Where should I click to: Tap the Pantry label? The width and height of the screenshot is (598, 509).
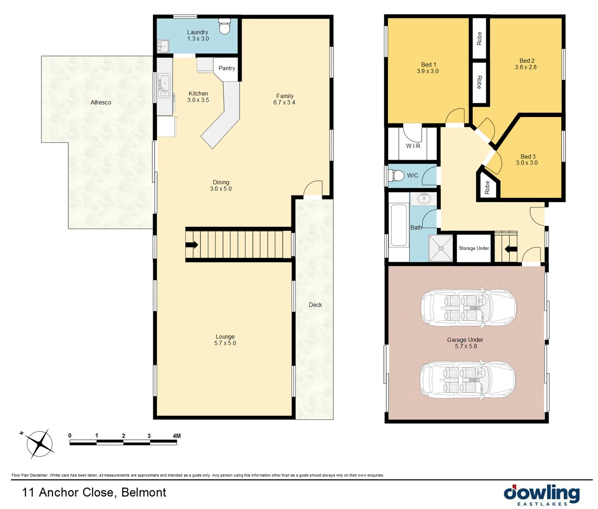226,68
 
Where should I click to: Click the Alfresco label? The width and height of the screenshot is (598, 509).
101,102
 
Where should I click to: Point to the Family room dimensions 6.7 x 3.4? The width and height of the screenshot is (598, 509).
284,102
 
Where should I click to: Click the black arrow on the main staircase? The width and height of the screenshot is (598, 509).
192,245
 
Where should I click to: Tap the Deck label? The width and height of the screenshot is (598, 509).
315,305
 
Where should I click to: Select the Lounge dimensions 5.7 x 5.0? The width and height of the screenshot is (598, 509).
225,343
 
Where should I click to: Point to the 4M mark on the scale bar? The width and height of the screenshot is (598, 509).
176,436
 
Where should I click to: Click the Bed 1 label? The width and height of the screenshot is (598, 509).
428,65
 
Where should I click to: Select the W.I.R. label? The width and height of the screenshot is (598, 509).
414,146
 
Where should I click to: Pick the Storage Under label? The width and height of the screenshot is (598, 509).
473,248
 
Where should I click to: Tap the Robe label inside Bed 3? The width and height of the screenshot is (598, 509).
487,187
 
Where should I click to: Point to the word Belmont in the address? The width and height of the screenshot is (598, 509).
144,493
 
